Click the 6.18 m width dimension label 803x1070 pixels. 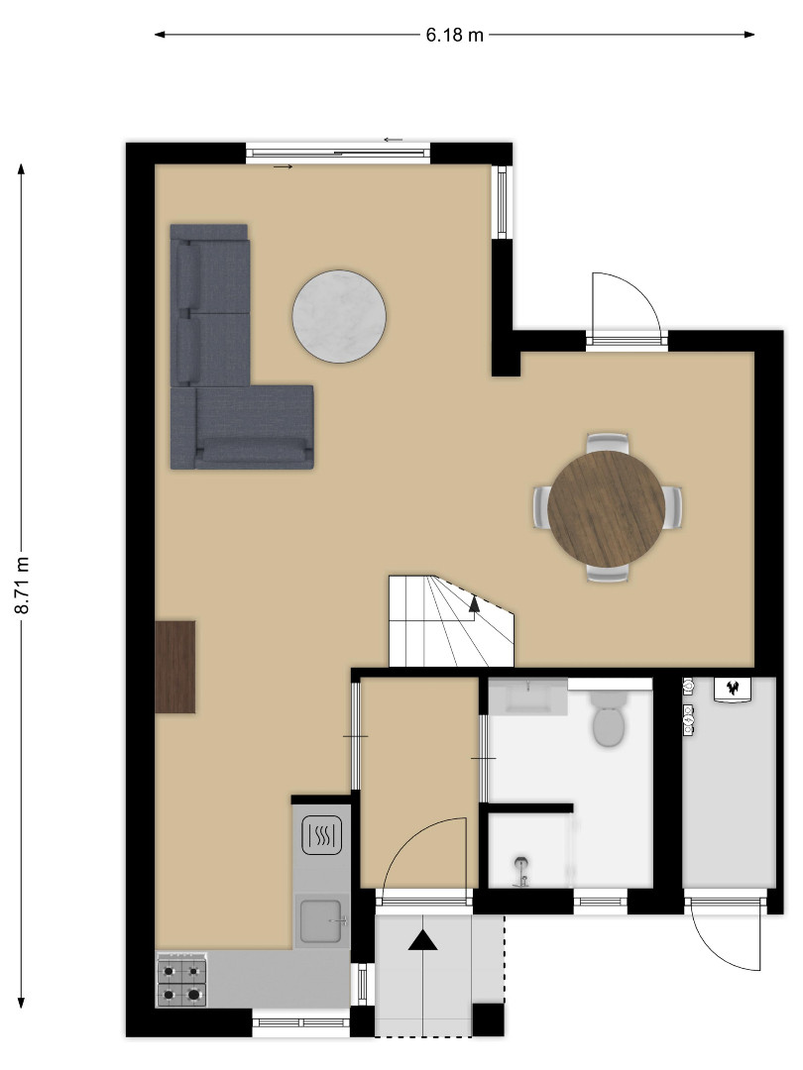454,35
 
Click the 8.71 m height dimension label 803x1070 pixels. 22,585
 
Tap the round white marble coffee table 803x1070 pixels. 339,317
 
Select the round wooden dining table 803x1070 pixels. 607,507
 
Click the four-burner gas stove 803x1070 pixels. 181,980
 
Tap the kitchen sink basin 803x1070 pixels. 321,919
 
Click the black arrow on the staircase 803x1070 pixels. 474,605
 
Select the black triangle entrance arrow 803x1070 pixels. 423,941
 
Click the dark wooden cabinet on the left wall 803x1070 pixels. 175,667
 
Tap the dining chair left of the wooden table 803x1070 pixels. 541,506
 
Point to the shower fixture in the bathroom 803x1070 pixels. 521,872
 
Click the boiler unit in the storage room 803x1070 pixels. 733,689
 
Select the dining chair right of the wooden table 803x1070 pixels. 672,506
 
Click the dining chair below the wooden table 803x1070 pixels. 607,574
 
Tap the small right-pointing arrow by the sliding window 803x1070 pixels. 283,166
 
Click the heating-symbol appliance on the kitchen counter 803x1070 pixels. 321,834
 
